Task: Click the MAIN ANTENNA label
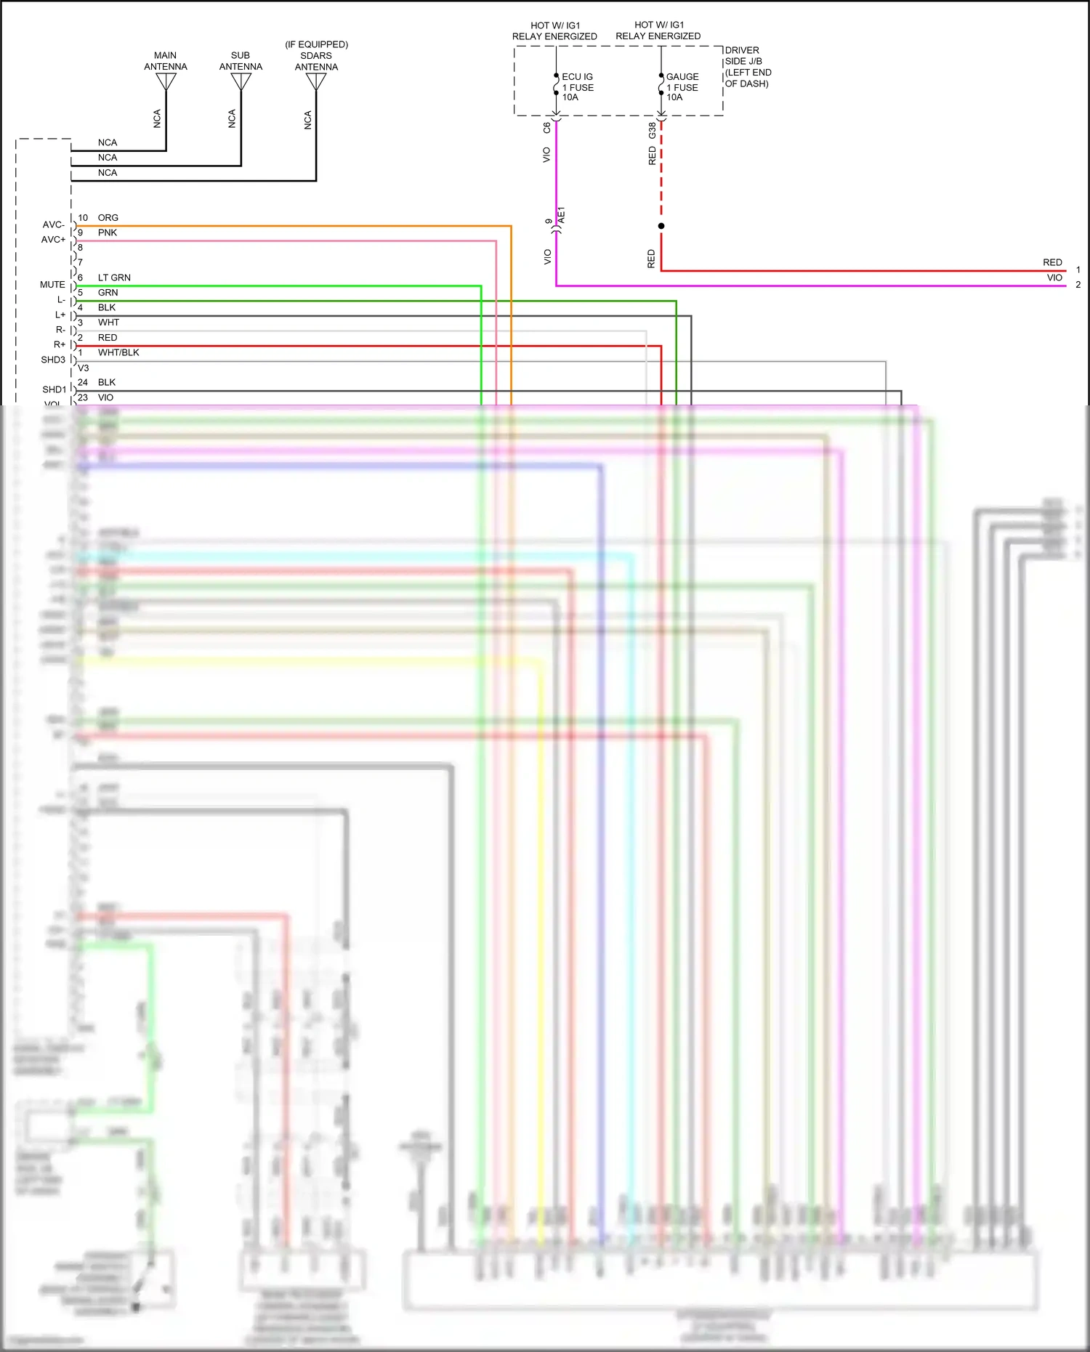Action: click(x=165, y=61)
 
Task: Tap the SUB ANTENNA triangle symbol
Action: click(x=241, y=81)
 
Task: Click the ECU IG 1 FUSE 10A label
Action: click(x=578, y=86)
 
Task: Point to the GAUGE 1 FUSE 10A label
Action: click(x=682, y=86)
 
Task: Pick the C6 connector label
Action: click(x=547, y=127)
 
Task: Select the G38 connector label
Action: click(x=652, y=130)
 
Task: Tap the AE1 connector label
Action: click(x=561, y=215)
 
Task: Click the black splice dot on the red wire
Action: click(x=661, y=226)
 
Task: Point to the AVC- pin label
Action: click(x=53, y=224)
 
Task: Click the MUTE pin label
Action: click(x=52, y=285)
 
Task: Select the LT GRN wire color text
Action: click(x=114, y=278)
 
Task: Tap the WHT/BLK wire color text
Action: click(x=118, y=352)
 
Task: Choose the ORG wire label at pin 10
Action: click(x=108, y=217)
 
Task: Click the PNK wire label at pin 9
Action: click(x=108, y=232)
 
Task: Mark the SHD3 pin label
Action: click(x=53, y=360)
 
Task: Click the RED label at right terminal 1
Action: click(x=1052, y=262)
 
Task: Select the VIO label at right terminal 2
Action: click(x=1054, y=278)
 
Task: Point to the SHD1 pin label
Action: click(x=54, y=389)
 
